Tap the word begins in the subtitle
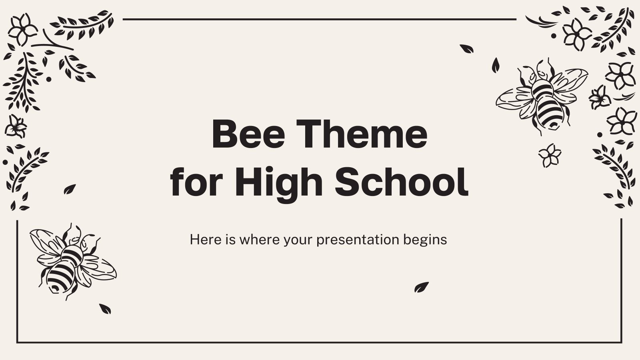click(429, 240)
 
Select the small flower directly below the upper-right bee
click(550, 155)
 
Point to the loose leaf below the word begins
click(421, 287)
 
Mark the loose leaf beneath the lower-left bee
click(105, 308)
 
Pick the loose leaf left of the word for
click(70, 189)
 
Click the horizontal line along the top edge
click(319, 19)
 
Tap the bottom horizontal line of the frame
click(319, 342)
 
